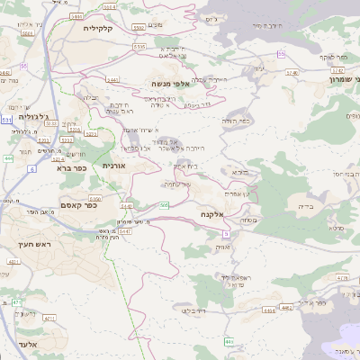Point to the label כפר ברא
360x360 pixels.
point(71,167)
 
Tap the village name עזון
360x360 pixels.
point(260,68)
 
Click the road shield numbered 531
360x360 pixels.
point(6,119)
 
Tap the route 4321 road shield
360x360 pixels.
point(13,261)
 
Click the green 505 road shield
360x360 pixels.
point(164,206)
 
